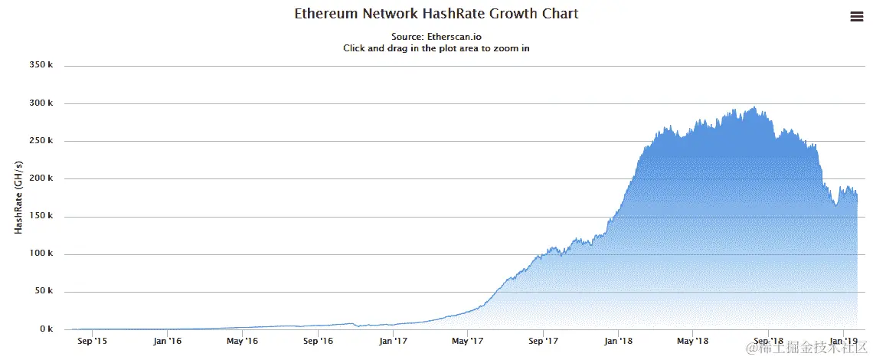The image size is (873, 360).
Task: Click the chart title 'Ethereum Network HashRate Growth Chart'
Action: pos(436,14)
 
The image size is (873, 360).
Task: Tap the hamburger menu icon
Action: pos(857,17)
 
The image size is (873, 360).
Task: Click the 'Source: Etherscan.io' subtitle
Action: pos(436,36)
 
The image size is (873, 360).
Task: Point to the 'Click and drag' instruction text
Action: pos(436,47)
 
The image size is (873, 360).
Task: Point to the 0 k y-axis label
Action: pos(45,329)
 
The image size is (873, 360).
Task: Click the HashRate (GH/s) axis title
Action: pos(18,198)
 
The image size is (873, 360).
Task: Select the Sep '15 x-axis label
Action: pos(92,342)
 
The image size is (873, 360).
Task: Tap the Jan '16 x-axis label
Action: pos(167,342)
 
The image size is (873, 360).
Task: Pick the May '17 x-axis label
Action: pos(467,342)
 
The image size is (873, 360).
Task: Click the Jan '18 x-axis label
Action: pos(617,342)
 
